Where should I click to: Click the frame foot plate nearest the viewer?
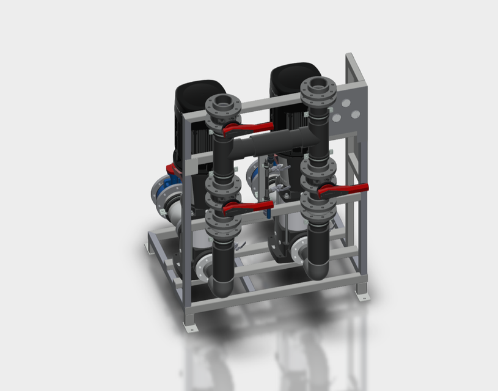coord(191,328)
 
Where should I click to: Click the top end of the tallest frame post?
coord(350,58)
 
